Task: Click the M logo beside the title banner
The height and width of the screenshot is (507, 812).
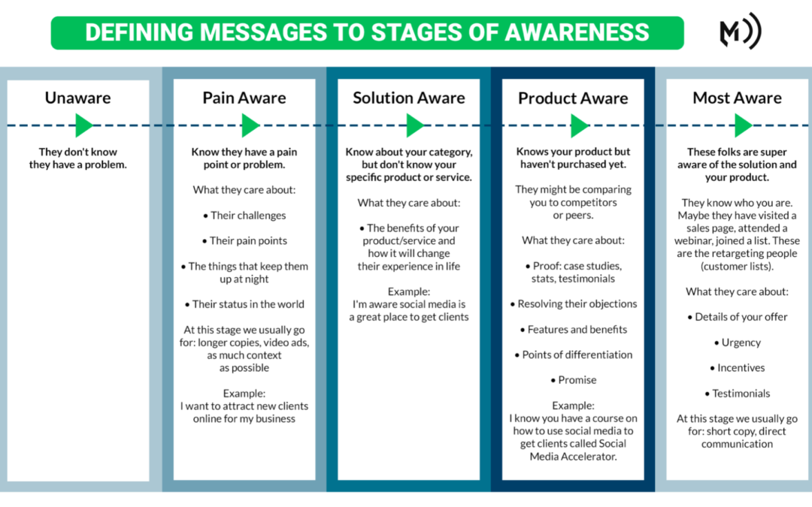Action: [741, 31]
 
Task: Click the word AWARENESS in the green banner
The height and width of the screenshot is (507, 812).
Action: [577, 32]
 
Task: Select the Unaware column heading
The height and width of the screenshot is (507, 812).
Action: [77, 98]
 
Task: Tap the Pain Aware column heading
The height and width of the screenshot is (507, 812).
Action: [244, 98]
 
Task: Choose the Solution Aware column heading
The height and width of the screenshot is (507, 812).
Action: [408, 98]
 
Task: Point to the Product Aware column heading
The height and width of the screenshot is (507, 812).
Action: [573, 98]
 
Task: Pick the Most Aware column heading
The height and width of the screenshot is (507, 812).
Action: [737, 98]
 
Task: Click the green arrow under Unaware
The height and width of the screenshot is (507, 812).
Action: [84, 125]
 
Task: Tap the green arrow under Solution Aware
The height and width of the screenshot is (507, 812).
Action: [415, 125]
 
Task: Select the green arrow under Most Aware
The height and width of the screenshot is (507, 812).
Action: [743, 125]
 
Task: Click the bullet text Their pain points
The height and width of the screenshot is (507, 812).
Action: [244, 240]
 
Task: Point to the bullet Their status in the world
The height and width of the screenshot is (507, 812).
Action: [244, 304]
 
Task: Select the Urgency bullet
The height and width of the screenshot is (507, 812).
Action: [738, 343]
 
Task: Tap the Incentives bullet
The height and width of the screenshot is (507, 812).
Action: [738, 368]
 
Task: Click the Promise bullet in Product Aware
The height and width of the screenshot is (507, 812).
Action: [573, 380]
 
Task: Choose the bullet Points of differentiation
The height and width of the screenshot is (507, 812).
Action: [573, 355]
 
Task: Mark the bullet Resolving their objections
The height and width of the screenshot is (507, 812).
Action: [573, 304]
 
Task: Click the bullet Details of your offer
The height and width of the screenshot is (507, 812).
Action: [738, 317]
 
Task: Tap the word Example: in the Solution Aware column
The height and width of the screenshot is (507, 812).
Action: [408, 291]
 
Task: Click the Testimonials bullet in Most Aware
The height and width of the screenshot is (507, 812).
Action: [738, 394]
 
